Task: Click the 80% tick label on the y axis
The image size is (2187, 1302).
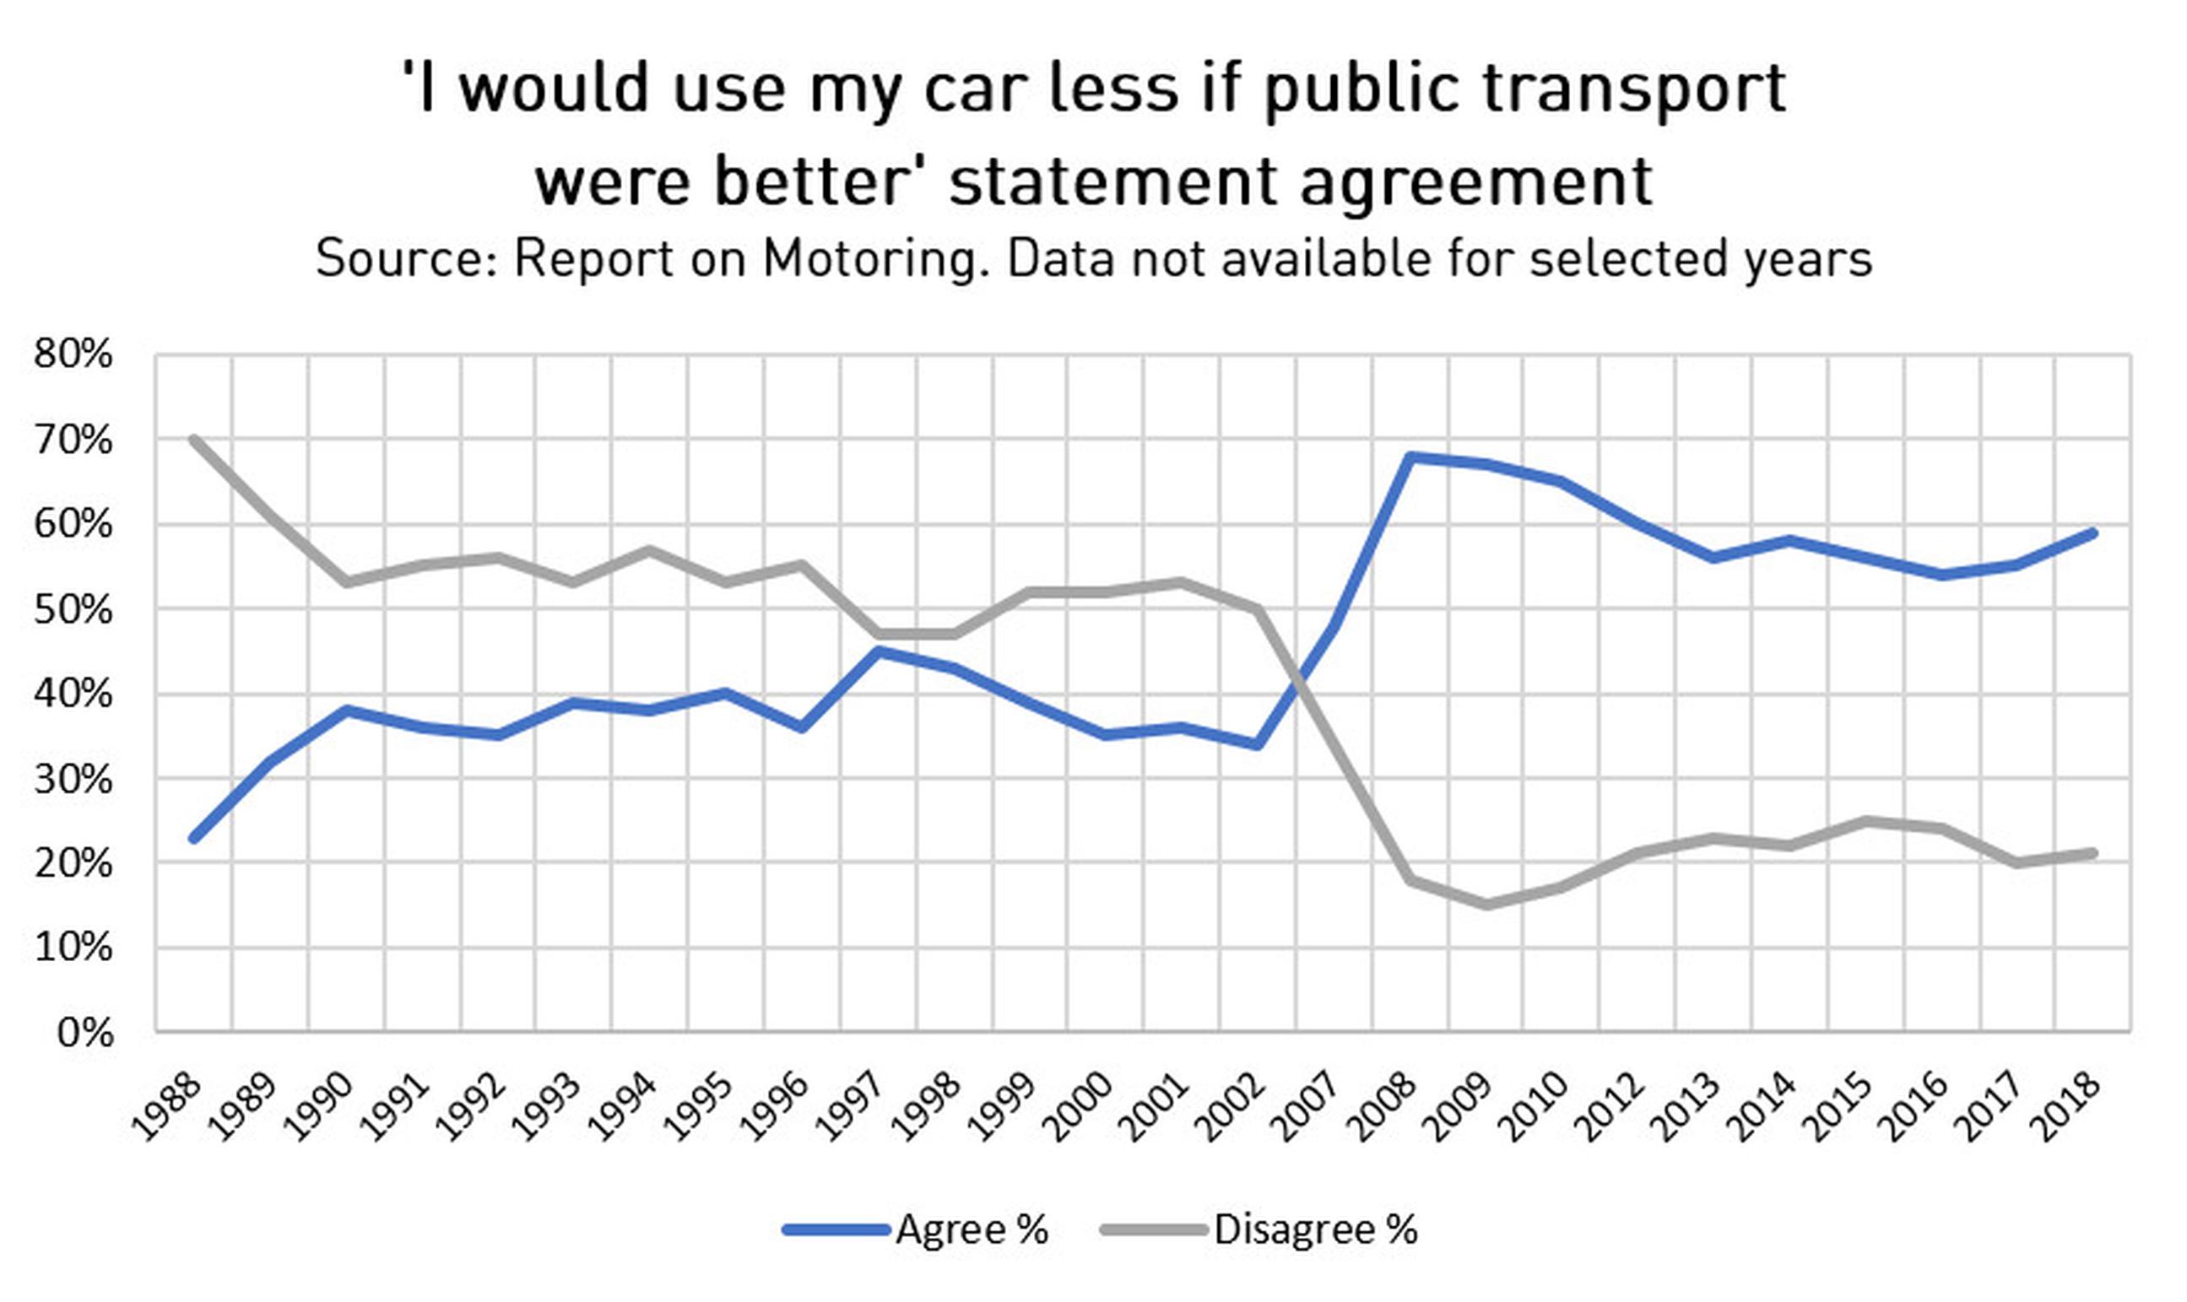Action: click(x=73, y=354)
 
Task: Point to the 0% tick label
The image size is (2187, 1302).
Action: click(x=85, y=1034)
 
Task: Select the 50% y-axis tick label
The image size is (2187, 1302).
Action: click(x=73, y=610)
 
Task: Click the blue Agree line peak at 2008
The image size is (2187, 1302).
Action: click(x=1410, y=457)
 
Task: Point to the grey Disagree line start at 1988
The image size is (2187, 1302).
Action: click(x=194, y=439)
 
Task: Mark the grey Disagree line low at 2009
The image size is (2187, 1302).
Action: click(x=1486, y=905)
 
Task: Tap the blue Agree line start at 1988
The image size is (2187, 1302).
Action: click(x=194, y=838)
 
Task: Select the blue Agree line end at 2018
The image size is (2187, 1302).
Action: click(x=2094, y=532)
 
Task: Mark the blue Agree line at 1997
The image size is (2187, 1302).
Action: click(x=879, y=651)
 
